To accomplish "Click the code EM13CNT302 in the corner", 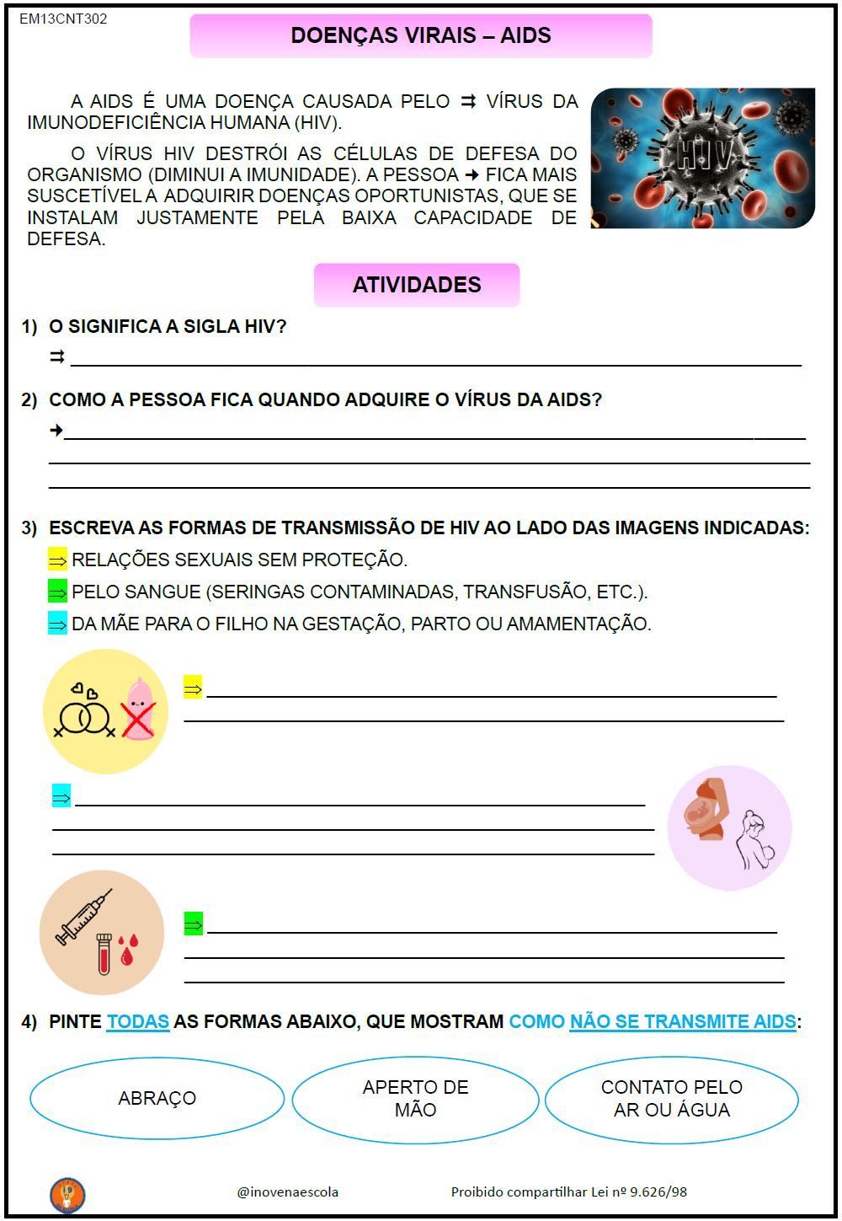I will (x=63, y=19).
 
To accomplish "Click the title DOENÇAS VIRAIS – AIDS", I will (x=421, y=35).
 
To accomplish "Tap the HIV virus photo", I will (x=703, y=158).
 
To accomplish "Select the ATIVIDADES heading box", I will (x=417, y=285).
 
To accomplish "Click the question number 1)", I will (x=30, y=327).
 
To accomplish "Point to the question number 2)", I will (x=30, y=400).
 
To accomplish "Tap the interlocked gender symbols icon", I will (x=83, y=716).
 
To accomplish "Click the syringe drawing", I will (x=83, y=916).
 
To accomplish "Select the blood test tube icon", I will (x=104, y=953).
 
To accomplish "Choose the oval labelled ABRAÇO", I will (x=157, y=1098).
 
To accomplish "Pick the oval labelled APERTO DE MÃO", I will (x=415, y=1098).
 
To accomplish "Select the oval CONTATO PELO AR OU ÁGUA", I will (x=671, y=1098).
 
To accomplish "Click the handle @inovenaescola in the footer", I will (x=288, y=1192).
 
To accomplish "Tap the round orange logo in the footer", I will (x=67, y=1194).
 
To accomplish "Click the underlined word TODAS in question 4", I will (x=138, y=1021).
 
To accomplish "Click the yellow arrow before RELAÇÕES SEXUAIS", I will (x=57, y=560).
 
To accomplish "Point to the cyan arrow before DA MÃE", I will (x=57, y=624).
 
